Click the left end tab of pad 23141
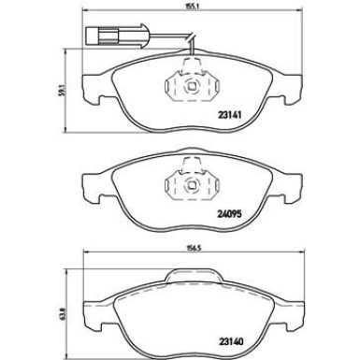(88, 84)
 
